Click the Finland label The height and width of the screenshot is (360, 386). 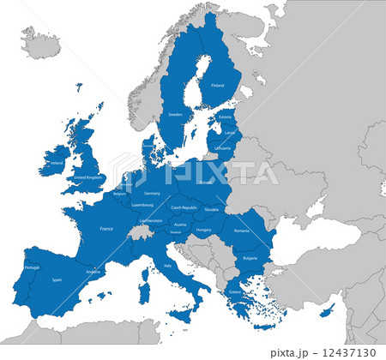(217, 86)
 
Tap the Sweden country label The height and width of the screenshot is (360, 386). (175, 114)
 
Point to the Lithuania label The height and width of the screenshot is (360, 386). (224, 147)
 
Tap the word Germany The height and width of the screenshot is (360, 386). (152, 193)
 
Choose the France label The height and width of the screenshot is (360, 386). (106, 229)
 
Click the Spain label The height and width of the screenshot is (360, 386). (57, 279)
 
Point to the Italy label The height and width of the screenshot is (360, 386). (167, 266)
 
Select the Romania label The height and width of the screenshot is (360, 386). (241, 231)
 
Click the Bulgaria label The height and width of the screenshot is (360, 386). (250, 258)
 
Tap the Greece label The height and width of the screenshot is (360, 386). (235, 291)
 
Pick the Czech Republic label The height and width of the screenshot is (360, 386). (184, 207)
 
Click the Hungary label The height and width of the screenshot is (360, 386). (203, 230)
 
